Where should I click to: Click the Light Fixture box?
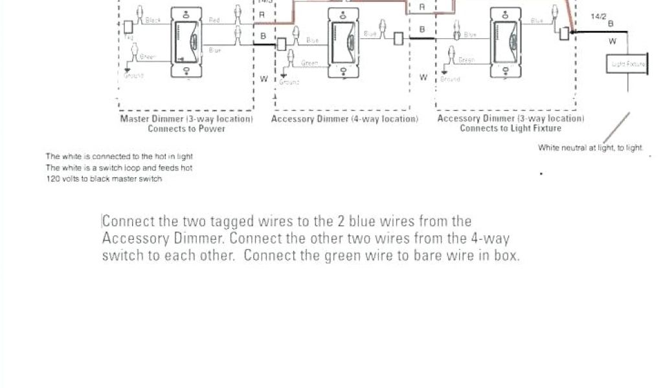point(627,63)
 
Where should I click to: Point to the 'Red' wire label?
point(214,21)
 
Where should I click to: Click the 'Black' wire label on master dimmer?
point(153,21)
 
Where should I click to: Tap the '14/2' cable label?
point(599,16)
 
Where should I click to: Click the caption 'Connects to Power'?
point(186,129)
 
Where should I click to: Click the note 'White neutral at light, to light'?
point(590,148)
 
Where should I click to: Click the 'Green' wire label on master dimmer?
point(148,58)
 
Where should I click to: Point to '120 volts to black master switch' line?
point(104,179)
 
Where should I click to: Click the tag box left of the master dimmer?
point(128,27)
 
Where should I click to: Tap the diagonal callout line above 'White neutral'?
point(618,127)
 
